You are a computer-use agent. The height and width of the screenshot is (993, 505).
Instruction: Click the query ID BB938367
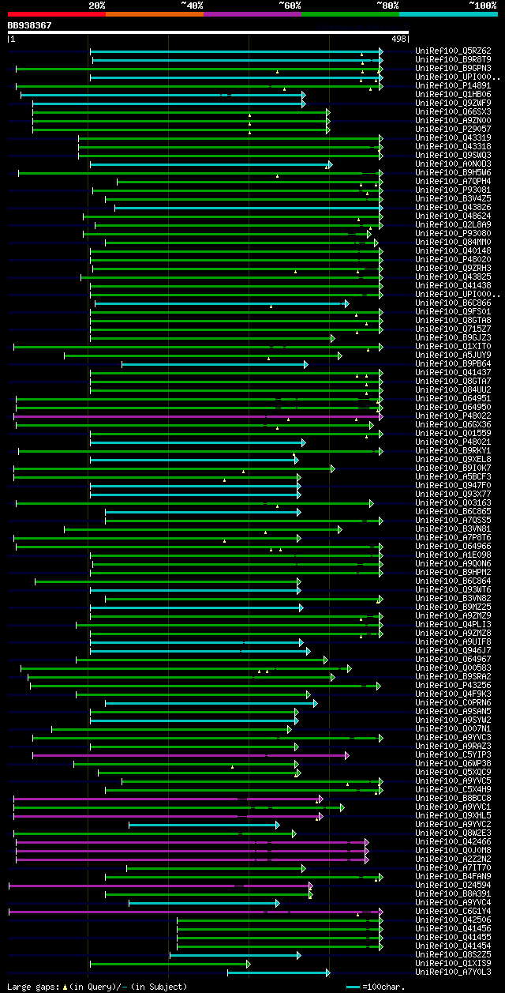[x=30, y=25]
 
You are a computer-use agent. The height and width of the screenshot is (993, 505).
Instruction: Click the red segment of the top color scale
[x=56, y=13]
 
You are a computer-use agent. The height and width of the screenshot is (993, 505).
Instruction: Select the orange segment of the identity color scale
[x=154, y=13]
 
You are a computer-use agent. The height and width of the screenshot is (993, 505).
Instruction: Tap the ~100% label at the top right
[x=482, y=5]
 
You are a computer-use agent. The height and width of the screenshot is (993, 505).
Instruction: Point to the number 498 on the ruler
[x=398, y=39]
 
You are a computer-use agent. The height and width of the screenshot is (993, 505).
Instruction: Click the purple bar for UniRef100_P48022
[x=197, y=416]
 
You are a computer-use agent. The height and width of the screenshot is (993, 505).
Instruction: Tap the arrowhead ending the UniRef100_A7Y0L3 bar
[x=327, y=972]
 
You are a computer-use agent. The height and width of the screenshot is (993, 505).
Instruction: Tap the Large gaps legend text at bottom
[x=97, y=987]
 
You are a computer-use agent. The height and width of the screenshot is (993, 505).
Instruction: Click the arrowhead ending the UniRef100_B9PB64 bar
[x=305, y=364]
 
